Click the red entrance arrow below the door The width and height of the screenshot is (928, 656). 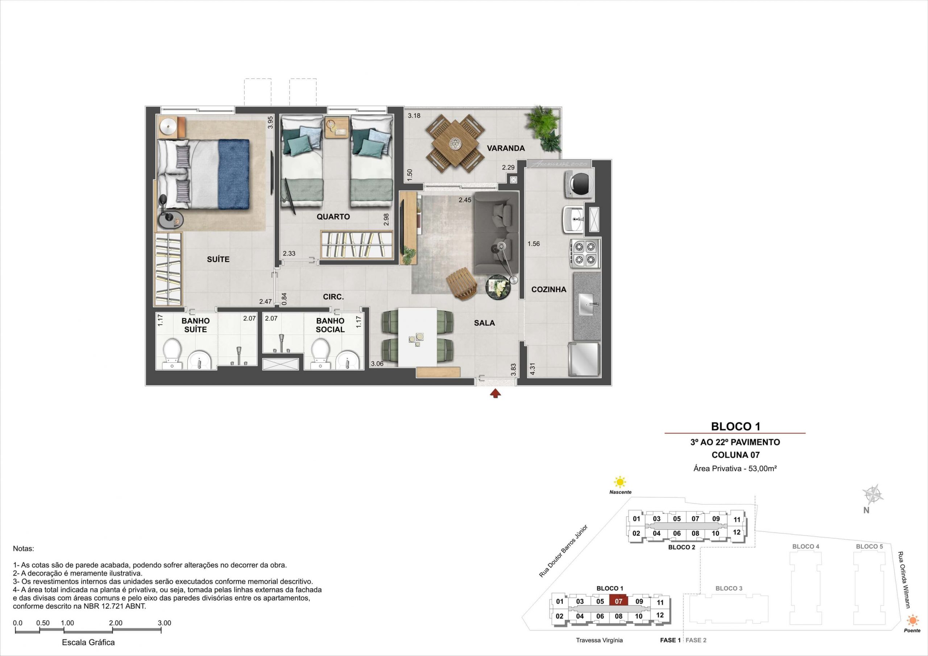click(496, 394)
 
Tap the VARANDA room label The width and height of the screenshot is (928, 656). click(506, 148)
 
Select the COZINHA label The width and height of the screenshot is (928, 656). click(548, 289)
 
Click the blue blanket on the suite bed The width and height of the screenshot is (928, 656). click(234, 174)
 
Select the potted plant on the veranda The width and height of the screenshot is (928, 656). click(543, 129)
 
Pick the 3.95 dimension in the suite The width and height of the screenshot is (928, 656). click(271, 122)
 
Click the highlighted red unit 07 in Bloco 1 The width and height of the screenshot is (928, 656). click(618, 601)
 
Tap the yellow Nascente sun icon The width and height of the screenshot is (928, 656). click(619, 482)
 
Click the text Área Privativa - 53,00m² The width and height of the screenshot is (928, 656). click(735, 469)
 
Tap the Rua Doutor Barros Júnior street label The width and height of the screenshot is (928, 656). click(563, 551)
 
